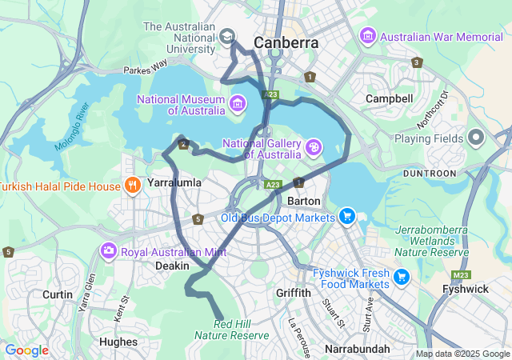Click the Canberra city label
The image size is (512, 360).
pos(286,42)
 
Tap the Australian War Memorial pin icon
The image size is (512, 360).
pos(368,36)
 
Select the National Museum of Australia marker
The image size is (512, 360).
pos(237,103)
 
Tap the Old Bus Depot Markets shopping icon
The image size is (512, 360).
pos(346,217)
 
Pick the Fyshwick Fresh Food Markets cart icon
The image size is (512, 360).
pos(402,278)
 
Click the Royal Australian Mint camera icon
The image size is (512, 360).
pos(108,252)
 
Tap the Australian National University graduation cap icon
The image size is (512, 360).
pos(227,37)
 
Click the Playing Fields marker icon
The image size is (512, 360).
pos(476,138)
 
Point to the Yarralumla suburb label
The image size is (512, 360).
pos(174,182)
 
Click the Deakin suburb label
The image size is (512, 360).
pos(172,266)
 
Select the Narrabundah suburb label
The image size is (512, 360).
pos(358,349)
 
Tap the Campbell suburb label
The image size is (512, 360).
pos(389,98)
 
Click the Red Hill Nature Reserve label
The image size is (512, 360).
pos(231,329)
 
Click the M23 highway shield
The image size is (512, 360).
pos(460,275)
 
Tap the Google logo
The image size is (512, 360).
pos(26,350)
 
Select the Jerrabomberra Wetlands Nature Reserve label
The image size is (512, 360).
pos(432,241)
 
